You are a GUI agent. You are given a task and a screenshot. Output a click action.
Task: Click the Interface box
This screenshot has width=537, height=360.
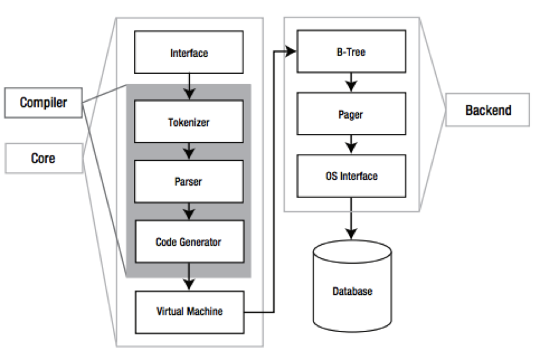tap(189, 53)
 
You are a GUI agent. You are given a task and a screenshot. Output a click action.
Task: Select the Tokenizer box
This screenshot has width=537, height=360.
tap(189, 122)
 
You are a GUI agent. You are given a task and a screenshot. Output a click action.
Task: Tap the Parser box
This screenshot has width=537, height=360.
tap(189, 182)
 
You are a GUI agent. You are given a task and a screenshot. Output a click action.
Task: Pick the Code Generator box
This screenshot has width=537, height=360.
tap(189, 241)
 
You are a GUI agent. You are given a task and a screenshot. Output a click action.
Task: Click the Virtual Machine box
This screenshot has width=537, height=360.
tap(189, 311)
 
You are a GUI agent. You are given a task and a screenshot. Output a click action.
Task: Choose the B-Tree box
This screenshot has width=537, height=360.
tap(351, 52)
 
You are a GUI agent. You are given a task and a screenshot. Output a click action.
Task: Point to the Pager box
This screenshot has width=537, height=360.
tap(351, 115)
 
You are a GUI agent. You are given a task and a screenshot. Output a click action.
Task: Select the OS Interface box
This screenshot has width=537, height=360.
tap(351, 176)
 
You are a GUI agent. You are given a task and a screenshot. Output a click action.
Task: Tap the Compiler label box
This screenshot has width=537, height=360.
tap(43, 102)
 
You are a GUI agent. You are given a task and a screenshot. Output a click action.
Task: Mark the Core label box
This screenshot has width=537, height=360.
tap(43, 158)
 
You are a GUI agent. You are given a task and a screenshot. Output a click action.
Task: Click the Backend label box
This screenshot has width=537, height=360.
tap(489, 110)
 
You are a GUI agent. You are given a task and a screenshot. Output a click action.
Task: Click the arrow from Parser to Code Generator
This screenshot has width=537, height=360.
tap(189, 212)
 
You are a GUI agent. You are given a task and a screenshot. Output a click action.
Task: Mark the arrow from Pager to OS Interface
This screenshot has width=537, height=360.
tap(352, 145)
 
